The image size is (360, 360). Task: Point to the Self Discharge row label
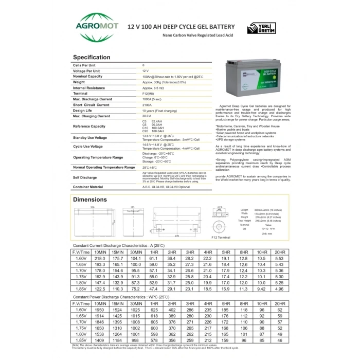tap(84, 177)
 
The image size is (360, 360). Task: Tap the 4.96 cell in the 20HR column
tap(279, 290)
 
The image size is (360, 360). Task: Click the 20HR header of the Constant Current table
tap(279, 251)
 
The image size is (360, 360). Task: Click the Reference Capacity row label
tap(89, 126)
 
